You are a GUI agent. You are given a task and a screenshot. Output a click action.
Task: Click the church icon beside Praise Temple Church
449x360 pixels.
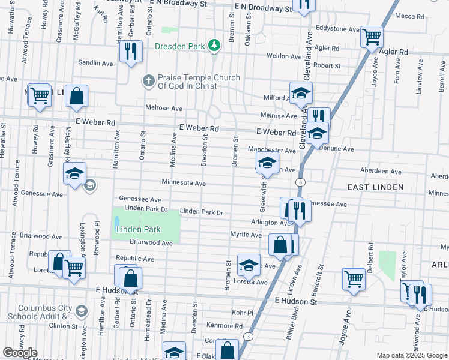click(149, 80)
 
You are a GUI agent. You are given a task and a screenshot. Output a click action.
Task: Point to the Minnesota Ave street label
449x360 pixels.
click(184, 183)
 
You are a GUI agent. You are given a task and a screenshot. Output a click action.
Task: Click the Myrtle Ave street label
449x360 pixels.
click(246, 235)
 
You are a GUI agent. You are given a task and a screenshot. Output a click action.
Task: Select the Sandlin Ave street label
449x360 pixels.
click(95, 63)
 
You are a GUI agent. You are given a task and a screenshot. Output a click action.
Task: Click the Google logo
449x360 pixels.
click(20, 353)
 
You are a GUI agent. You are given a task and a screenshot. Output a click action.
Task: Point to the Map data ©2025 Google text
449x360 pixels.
click(411, 355)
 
